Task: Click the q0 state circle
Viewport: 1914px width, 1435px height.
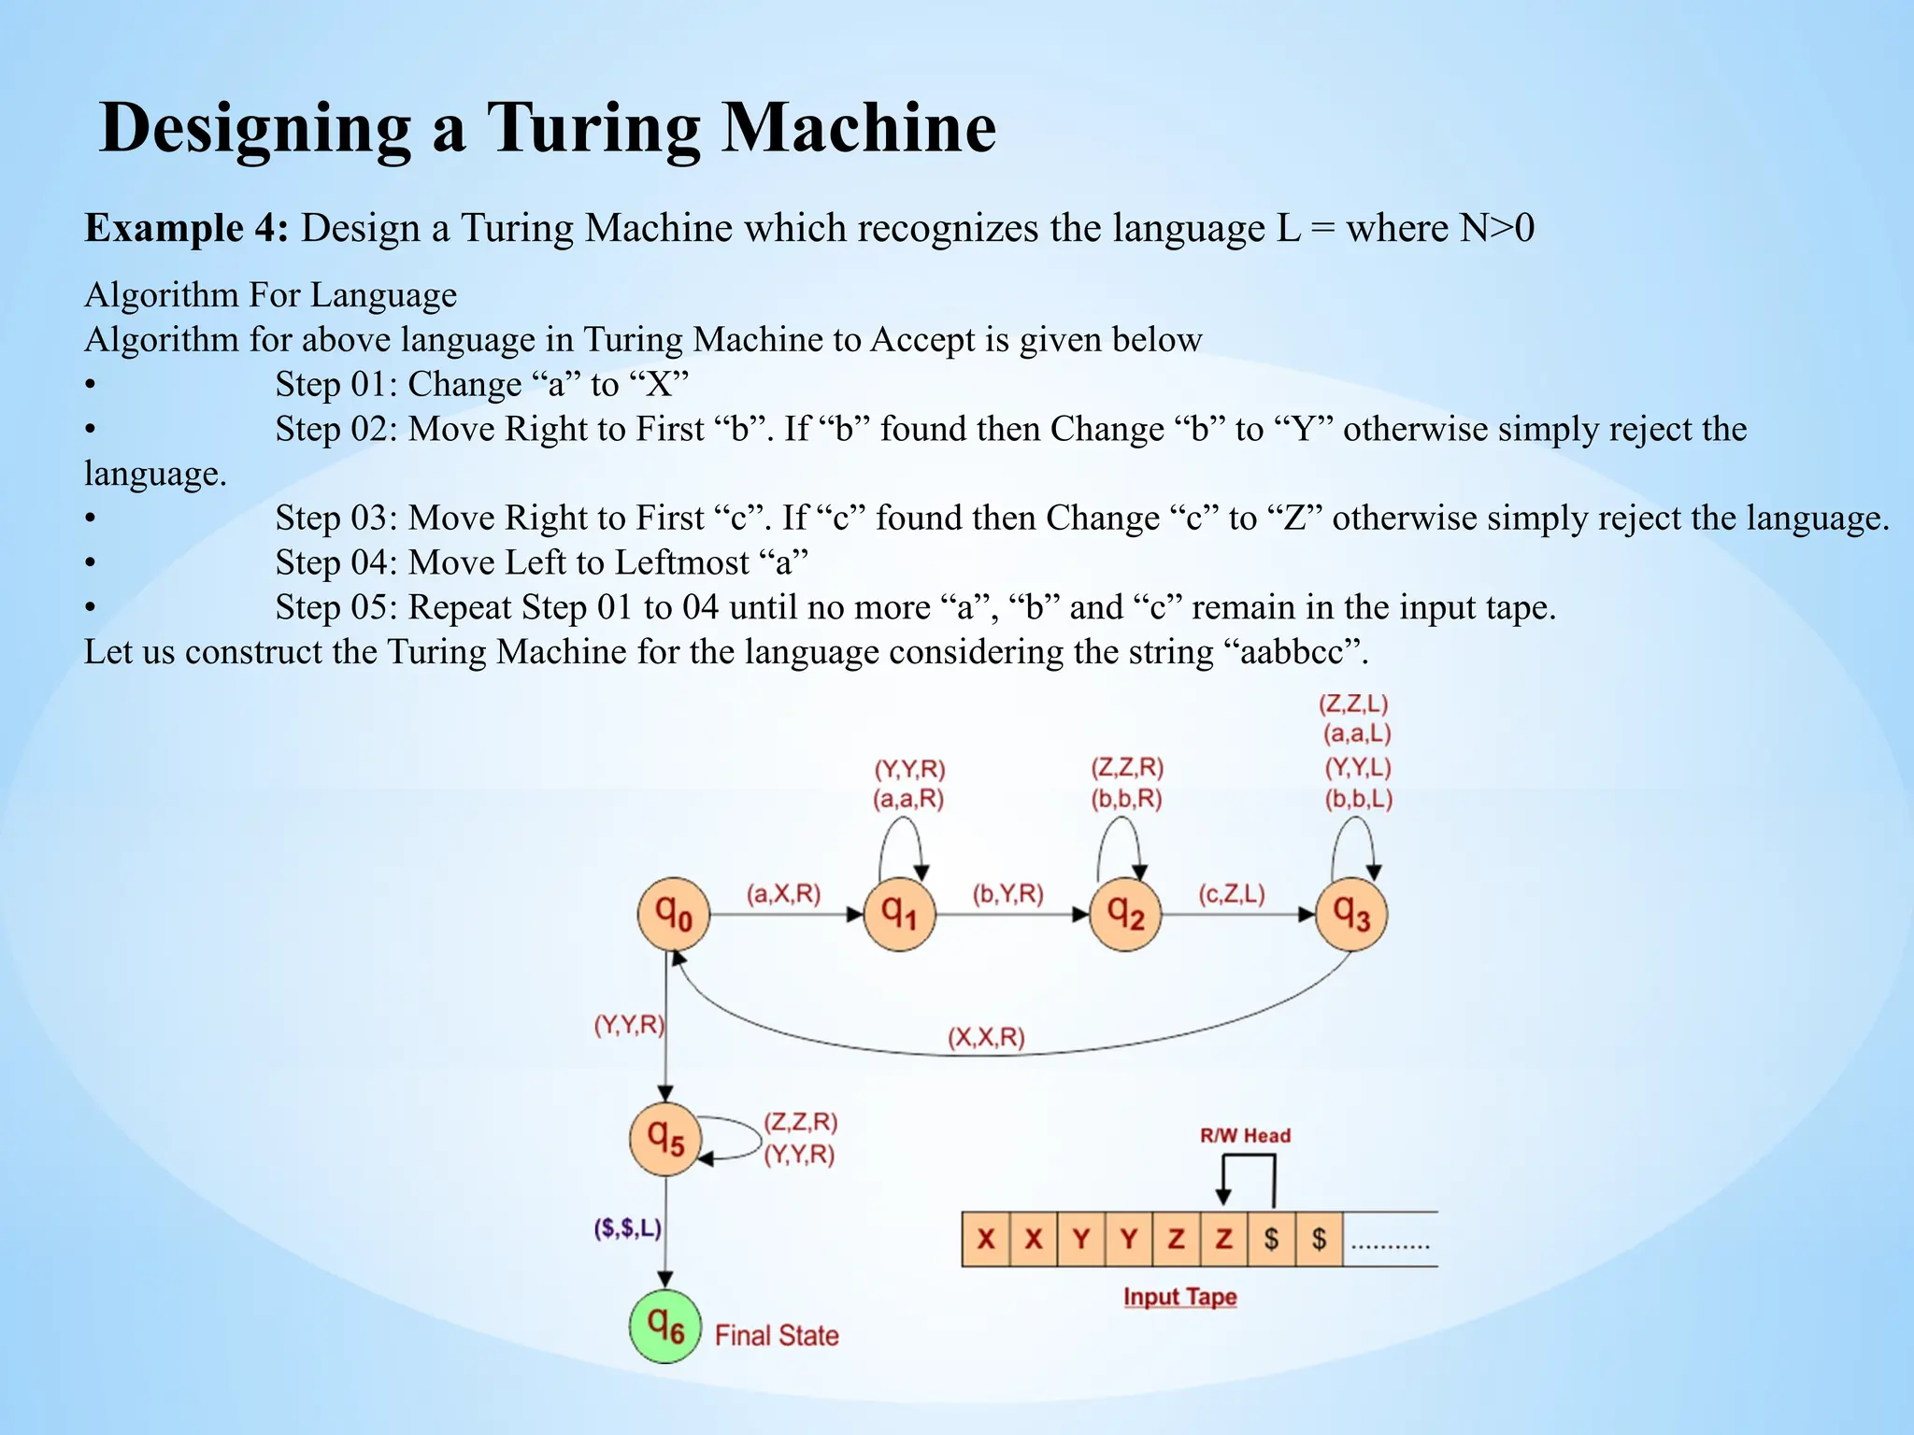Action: (x=673, y=914)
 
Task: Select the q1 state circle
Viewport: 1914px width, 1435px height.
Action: (x=899, y=914)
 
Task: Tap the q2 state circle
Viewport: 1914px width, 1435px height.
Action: (x=1125, y=914)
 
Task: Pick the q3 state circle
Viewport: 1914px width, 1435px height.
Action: (x=1351, y=914)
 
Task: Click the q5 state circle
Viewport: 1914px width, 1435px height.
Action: (x=665, y=1139)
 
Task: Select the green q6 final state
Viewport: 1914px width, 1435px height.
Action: (x=665, y=1326)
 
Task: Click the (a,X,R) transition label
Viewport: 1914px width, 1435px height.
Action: (x=783, y=894)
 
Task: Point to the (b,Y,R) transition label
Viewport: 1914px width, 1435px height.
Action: (x=1007, y=894)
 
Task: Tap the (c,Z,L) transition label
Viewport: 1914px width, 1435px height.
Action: (x=1232, y=894)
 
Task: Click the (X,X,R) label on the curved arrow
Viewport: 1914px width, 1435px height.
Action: (x=986, y=1038)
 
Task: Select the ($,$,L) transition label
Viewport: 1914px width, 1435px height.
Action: (x=628, y=1228)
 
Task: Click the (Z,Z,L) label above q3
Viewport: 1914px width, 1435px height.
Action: (x=1353, y=703)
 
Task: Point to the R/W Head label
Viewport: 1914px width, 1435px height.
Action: (x=1245, y=1136)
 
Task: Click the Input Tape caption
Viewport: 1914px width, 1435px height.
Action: (x=1179, y=1297)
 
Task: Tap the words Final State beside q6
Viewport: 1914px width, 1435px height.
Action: (x=777, y=1335)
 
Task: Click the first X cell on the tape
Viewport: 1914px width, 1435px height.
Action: (x=986, y=1239)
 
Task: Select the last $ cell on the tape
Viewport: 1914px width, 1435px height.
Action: (x=1319, y=1239)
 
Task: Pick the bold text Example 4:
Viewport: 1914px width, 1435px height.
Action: (x=187, y=228)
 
